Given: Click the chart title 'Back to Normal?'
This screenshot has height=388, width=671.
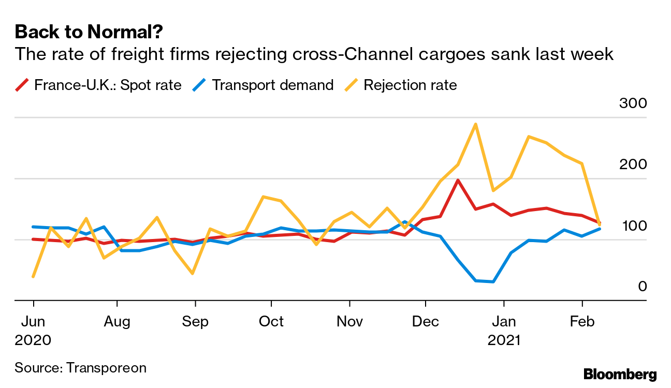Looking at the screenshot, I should [89, 33].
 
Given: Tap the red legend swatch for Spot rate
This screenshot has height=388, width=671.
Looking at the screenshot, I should [22, 85].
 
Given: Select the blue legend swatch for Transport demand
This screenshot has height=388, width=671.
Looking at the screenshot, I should [200, 85].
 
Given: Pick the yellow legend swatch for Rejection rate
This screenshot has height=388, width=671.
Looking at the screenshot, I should [352, 85].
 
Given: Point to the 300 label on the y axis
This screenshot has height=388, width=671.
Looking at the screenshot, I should [633, 103].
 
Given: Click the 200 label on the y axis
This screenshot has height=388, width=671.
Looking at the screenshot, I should [633, 165].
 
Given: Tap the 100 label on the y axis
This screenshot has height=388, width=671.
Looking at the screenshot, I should [633, 226].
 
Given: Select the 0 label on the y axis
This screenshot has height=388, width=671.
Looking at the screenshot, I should [643, 286].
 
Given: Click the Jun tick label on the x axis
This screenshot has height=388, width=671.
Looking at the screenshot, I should [33, 322].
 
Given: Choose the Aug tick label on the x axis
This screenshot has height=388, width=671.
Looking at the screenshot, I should [116, 322].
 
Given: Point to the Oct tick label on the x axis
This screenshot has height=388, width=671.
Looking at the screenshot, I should [271, 322].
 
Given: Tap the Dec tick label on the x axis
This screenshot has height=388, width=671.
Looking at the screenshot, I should [425, 322].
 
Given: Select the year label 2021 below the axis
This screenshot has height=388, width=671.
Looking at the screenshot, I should [504, 340].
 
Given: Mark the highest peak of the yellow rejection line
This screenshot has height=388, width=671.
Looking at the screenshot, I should [475, 124].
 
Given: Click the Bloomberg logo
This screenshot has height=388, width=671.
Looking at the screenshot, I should [620, 375].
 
